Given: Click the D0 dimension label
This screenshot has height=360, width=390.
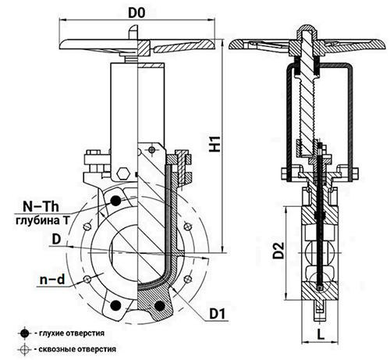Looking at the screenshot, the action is (x=136, y=13).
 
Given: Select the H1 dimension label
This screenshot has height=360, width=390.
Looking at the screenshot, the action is (x=215, y=144).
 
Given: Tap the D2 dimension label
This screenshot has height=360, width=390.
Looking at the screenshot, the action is (x=278, y=250).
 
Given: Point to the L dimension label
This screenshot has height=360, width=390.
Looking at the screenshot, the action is (x=321, y=333).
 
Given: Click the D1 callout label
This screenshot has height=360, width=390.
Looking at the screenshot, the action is (x=218, y=314).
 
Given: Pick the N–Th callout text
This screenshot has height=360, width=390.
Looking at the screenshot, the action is (x=41, y=207).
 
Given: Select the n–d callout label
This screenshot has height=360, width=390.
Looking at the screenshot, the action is (x=52, y=280).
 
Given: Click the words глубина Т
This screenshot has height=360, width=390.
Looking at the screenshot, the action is (x=43, y=221).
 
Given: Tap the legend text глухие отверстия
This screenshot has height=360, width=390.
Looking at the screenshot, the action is (x=72, y=333).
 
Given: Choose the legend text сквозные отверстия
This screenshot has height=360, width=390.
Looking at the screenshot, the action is (x=77, y=349).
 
